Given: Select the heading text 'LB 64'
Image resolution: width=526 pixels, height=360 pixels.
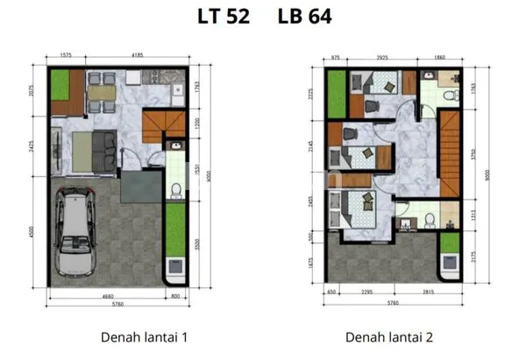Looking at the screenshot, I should pyautogui.click(x=303, y=18).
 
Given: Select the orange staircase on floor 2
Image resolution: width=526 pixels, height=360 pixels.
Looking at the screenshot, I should pyautogui.click(x=450, y=153).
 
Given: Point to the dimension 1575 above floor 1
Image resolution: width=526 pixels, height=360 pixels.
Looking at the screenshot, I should pyautogui.click(x=65, y=55).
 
